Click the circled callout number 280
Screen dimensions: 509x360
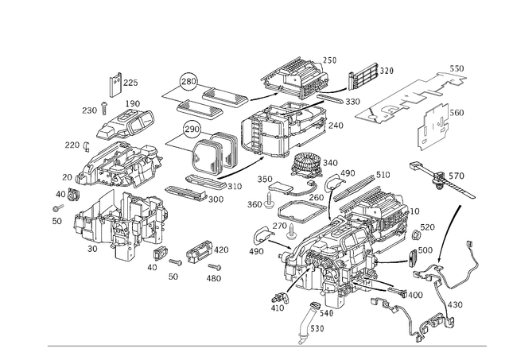(188, 81)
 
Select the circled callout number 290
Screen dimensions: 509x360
(192, 130)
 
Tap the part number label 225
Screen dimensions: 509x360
(130, 83)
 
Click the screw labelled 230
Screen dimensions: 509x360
(104, 108)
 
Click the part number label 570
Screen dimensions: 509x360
(457, 176)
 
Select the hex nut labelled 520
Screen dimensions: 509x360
(415, 234)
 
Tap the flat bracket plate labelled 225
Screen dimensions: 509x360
(115, 85)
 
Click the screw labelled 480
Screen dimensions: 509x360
(215, 267)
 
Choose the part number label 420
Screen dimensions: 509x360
(221, 250)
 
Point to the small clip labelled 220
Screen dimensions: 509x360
(87, 146)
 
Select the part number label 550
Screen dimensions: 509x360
(457, 68)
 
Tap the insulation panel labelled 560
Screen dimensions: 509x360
(433, 127)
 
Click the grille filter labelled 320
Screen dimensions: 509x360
(363, 75)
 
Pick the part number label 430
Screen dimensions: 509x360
(455, 305)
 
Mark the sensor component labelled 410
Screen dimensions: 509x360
(279, 296)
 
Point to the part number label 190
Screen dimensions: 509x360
(133, 104)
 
